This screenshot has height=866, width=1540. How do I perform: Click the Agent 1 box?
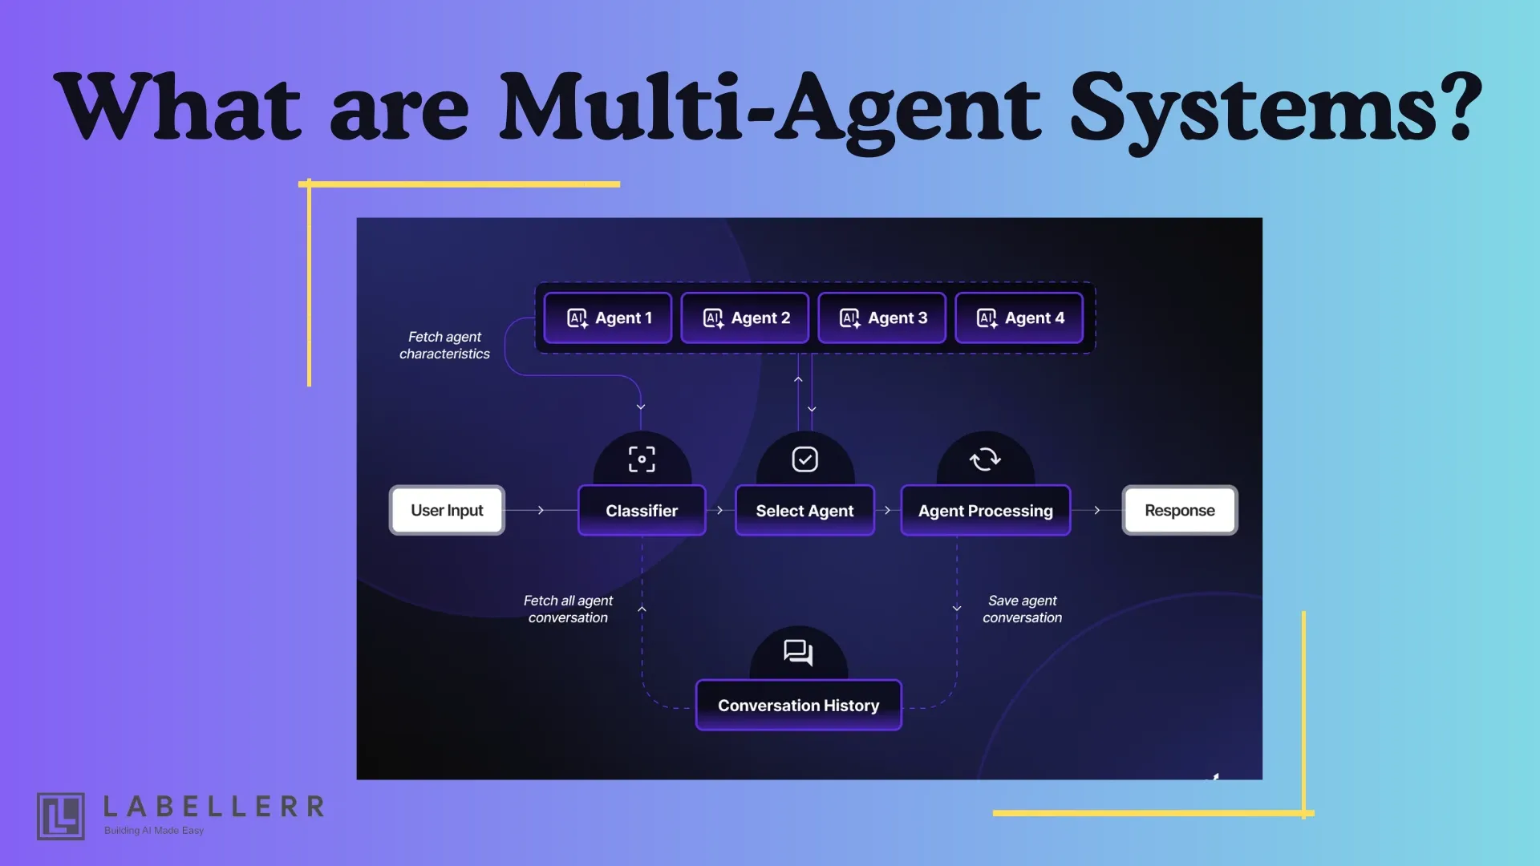[608, 318]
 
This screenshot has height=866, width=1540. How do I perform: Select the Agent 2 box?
[744, 318]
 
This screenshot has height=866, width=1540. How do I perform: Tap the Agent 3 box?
[881, 318]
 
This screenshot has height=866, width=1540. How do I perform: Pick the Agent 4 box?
[1019, 318]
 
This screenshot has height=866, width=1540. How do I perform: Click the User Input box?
[447, 511]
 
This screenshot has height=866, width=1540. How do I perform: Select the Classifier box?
[642, 511]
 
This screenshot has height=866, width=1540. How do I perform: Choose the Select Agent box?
[804, 511]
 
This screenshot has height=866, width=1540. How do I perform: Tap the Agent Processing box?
[985, 511]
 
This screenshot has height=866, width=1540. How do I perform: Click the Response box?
[1179, 511]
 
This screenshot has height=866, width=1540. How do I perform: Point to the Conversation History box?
[798, 706]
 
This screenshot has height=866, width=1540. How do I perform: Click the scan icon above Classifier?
[642, 459]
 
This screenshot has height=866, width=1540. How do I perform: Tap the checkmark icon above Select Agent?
[804, 459]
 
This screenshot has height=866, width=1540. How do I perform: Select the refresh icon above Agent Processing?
[985, 459]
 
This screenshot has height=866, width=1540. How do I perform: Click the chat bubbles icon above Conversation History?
[798, 653]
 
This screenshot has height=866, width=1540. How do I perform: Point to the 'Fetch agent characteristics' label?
[444, 346]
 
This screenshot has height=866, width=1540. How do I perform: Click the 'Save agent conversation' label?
[1022, 609]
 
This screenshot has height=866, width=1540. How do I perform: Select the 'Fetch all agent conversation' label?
[568, 609]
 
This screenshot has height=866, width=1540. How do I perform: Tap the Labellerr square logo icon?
[61, 816]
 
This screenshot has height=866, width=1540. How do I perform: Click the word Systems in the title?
[1275, 108]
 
